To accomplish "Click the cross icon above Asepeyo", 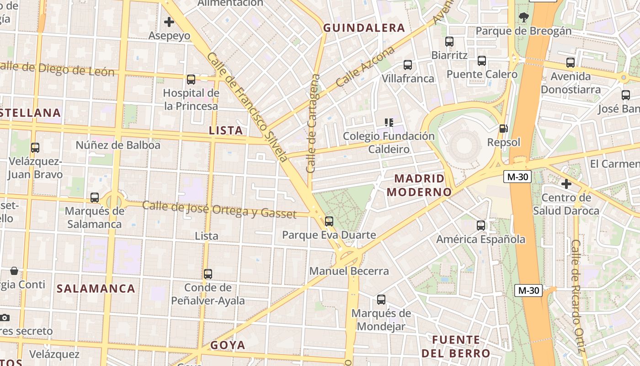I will click(x=169, y=22).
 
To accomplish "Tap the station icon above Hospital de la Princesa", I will click(x=191, y=80).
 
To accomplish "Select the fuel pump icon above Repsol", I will click(x=503, y=129).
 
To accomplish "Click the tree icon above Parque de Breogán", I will click(x=524, y=17).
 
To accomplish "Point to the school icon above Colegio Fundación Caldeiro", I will click(x=389, y=122).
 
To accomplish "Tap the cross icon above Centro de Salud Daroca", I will click(x=566, y=184).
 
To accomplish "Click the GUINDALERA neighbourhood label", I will click(x=364, y=28).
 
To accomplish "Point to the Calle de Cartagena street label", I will click(x=313, y=124).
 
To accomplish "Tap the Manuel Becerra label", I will click(x=349, y=271).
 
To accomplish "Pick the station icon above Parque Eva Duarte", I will click(x=329, y=221).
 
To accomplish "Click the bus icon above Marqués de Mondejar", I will click(x=381, y=300).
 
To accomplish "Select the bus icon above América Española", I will click(x=481, y=225).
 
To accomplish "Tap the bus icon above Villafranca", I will click(x=408, y=65).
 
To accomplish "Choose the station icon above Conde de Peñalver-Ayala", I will click(x=208, y=274).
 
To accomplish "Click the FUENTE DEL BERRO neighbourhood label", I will click(x=456, y=347).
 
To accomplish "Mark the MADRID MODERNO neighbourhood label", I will click(x=419, y=185).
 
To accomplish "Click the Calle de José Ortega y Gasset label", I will click(x=219, y=210).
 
